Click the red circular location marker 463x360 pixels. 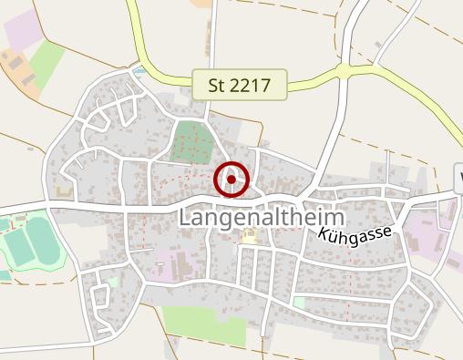(231, 180)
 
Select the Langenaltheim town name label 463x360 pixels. (262, 219)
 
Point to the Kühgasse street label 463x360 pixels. (355, 233)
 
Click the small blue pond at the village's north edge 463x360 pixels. (139, 69)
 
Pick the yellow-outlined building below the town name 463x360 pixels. (249, 237)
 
